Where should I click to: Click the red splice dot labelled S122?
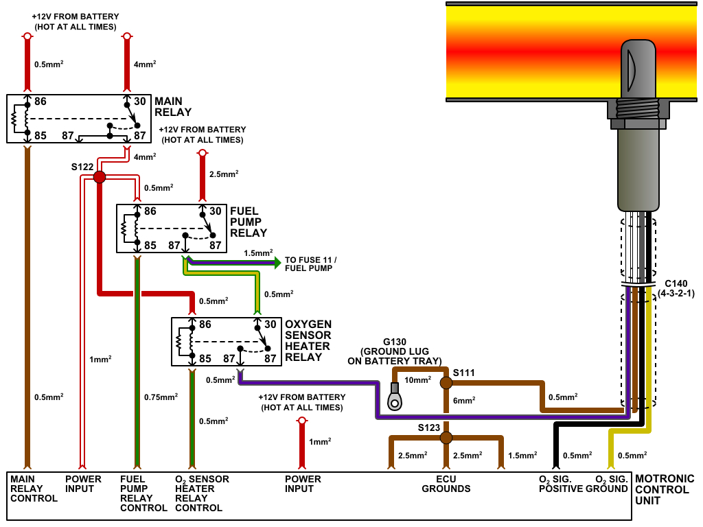tap(100, 177)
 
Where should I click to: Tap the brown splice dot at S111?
tap(446, 383)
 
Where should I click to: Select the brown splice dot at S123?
tap(446, 437)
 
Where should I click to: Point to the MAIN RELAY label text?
tap(173, 106)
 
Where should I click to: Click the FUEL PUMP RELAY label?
tap(249, 222)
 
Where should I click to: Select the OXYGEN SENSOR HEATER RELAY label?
tap(308, 341)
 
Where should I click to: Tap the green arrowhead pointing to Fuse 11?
tap(277, 262)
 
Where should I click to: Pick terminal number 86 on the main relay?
tap(41, 102)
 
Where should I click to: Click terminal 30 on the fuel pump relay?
tap(215, 211)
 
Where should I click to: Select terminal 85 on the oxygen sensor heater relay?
tap(205, 358)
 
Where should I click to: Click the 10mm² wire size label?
tap(417, 379)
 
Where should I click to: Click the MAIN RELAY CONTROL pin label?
tap(34, 489)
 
